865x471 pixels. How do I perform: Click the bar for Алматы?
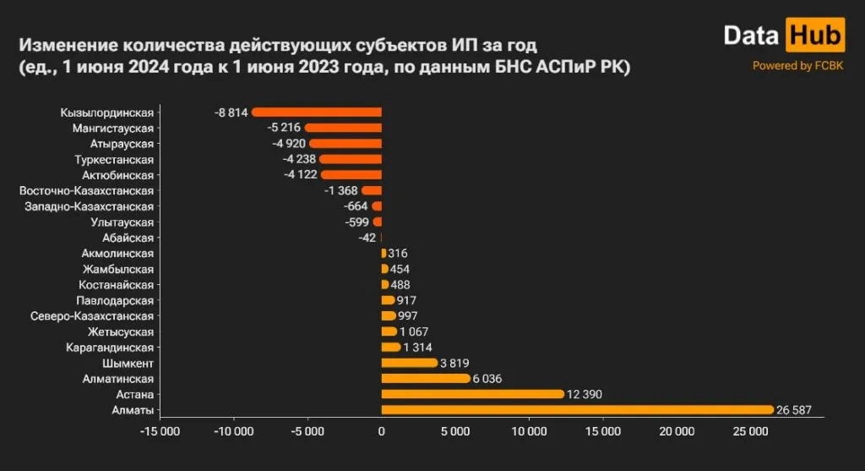(x=577, y=410)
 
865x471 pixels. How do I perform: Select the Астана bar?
(x=472, y=394)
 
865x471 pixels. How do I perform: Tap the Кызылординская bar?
(x=317, y=112)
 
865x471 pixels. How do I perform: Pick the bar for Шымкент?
(x=410, y=363)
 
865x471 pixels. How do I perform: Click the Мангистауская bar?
(x=343, y=128)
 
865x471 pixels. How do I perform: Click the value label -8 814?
(x=231, y=112)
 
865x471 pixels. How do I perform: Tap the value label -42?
(x=367, y=238)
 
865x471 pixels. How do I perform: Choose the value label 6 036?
(x=487, y=379)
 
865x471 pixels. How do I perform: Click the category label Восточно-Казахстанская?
(x=86, y=190)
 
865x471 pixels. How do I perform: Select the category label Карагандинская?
(x=110, y=348)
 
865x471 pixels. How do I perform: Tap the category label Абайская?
(x=128, y=238)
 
